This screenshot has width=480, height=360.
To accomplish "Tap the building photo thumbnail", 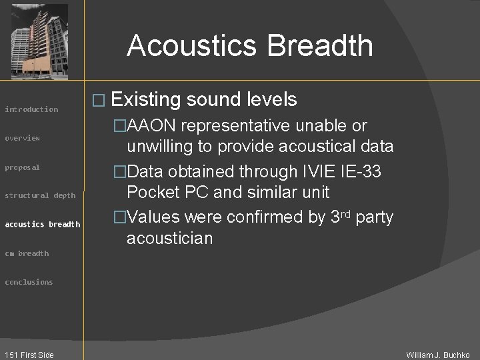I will click(x=40, y=41).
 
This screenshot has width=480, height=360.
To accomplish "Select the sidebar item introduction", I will click(x=31, y=109).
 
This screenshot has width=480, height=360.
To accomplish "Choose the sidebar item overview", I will click(x=23, y=138).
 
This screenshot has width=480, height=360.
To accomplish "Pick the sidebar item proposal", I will click(x=23, y=167).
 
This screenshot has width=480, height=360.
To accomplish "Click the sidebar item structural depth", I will click(x=40, y=195).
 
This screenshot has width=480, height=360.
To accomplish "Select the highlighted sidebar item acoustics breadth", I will click(x=42, y=224).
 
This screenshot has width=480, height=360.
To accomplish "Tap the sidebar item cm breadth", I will click(x=27, y=253).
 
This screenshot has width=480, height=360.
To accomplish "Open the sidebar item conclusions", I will click(x=29, y=282).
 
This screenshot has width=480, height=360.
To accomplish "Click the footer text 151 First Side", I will click(x=28, y=355).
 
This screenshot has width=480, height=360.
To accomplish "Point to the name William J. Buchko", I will click(x=438, y=355).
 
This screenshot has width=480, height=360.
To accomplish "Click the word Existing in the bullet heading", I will click(x=147, y=100).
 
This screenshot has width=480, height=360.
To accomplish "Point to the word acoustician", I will click(x=169, y=238).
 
